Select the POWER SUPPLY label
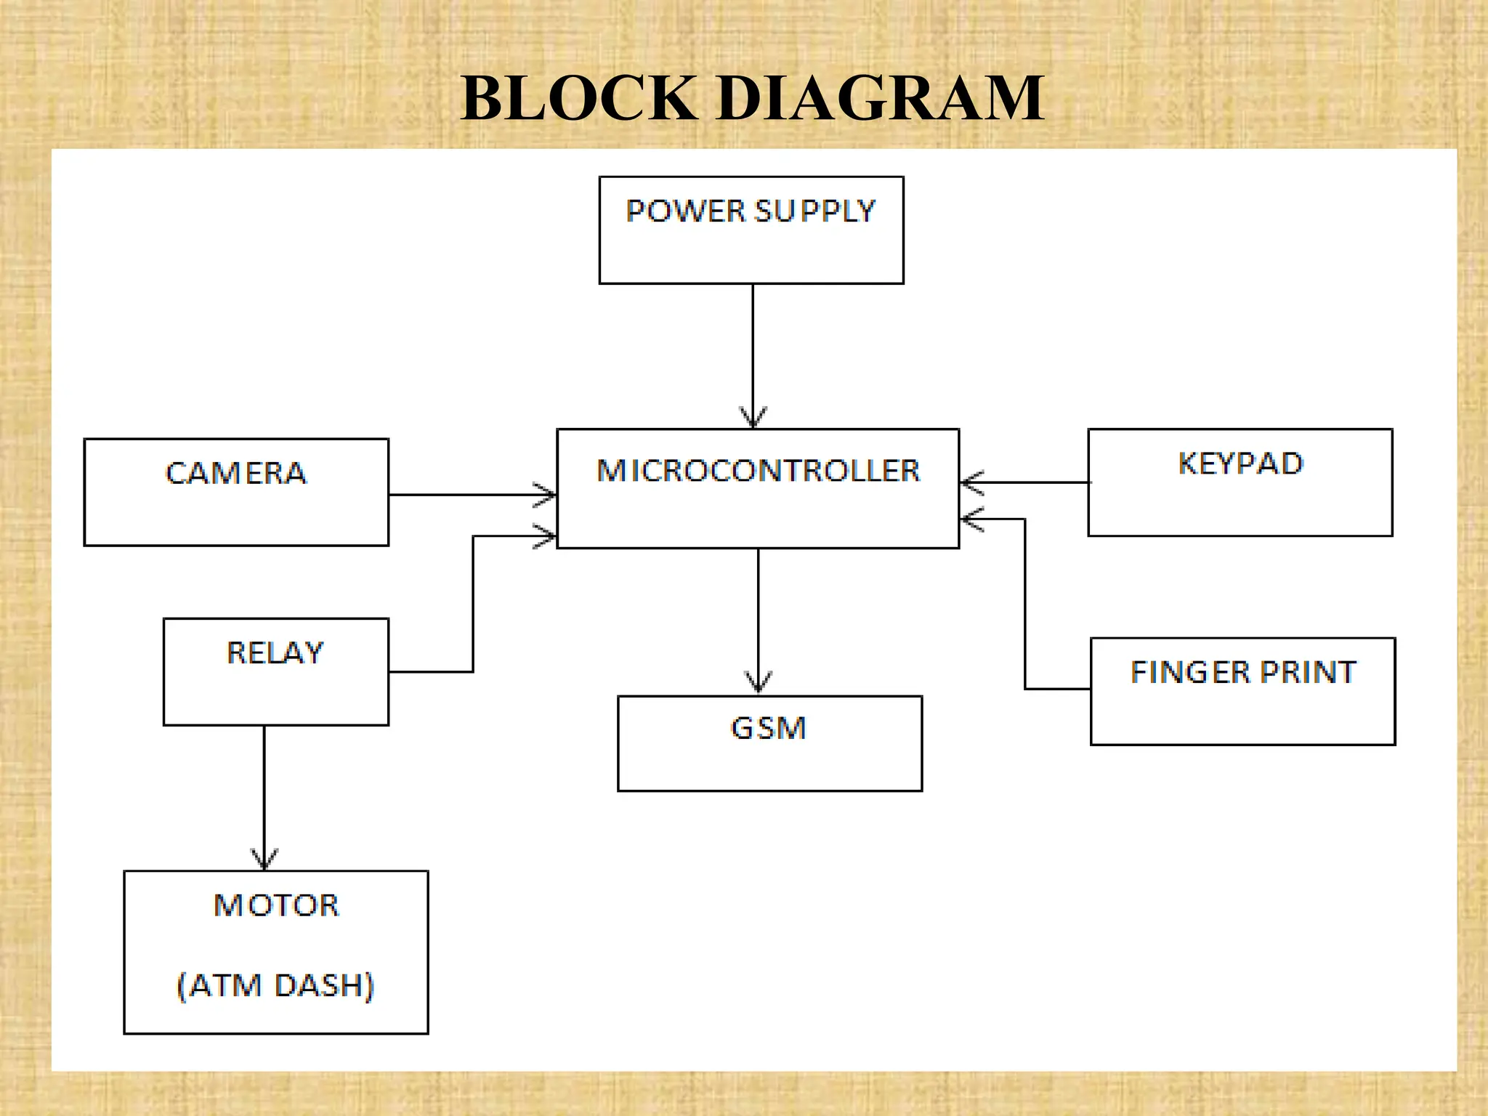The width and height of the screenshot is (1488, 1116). [751, 211]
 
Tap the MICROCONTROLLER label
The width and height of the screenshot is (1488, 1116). [758, 471]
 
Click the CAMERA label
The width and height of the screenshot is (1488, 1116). [236, 473]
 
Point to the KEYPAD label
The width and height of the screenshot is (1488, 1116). [1240, 464]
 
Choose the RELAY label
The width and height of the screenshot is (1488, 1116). [275, 652]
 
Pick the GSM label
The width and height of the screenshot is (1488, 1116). [768, 728]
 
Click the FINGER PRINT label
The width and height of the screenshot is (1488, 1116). [1243, 672]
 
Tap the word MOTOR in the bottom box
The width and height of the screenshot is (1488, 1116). [276, 905]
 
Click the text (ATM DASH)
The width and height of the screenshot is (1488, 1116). [275, 985]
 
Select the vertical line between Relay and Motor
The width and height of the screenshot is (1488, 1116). [264, 792]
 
